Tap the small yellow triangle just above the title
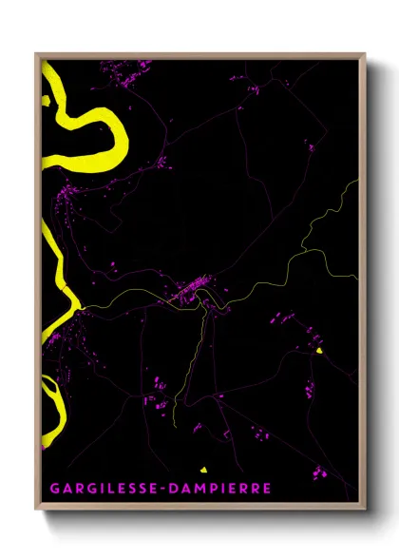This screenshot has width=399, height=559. pyautogui.click(x=202, y=468)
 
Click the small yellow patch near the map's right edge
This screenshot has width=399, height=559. pyautogui.click(x=321, y=351)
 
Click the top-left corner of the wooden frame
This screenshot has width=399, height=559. pyautogui.click(x=37, y=54)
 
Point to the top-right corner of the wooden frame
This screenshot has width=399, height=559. pyautogui.click(x=365, y=54)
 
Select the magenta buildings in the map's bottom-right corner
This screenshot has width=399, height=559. pyautogui.click(x=318, y=471)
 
